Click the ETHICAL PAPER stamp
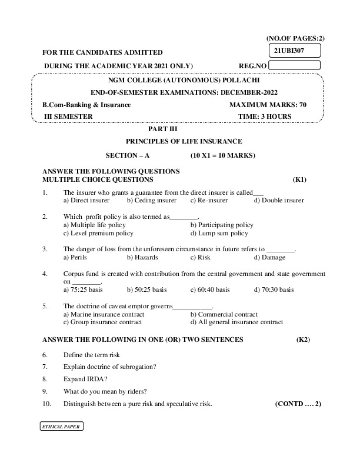pos(61,426)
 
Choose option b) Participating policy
pos(222,225)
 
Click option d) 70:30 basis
pos(274,289)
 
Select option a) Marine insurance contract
pos(104,314)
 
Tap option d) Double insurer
pos(279,200)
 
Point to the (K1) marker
pos(299,179)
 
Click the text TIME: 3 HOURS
pos(265,116)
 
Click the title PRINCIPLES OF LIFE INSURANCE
pos(184,141)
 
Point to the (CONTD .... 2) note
pos(298,404)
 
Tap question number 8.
pos(45,380)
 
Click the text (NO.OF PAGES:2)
pos(295,38)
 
